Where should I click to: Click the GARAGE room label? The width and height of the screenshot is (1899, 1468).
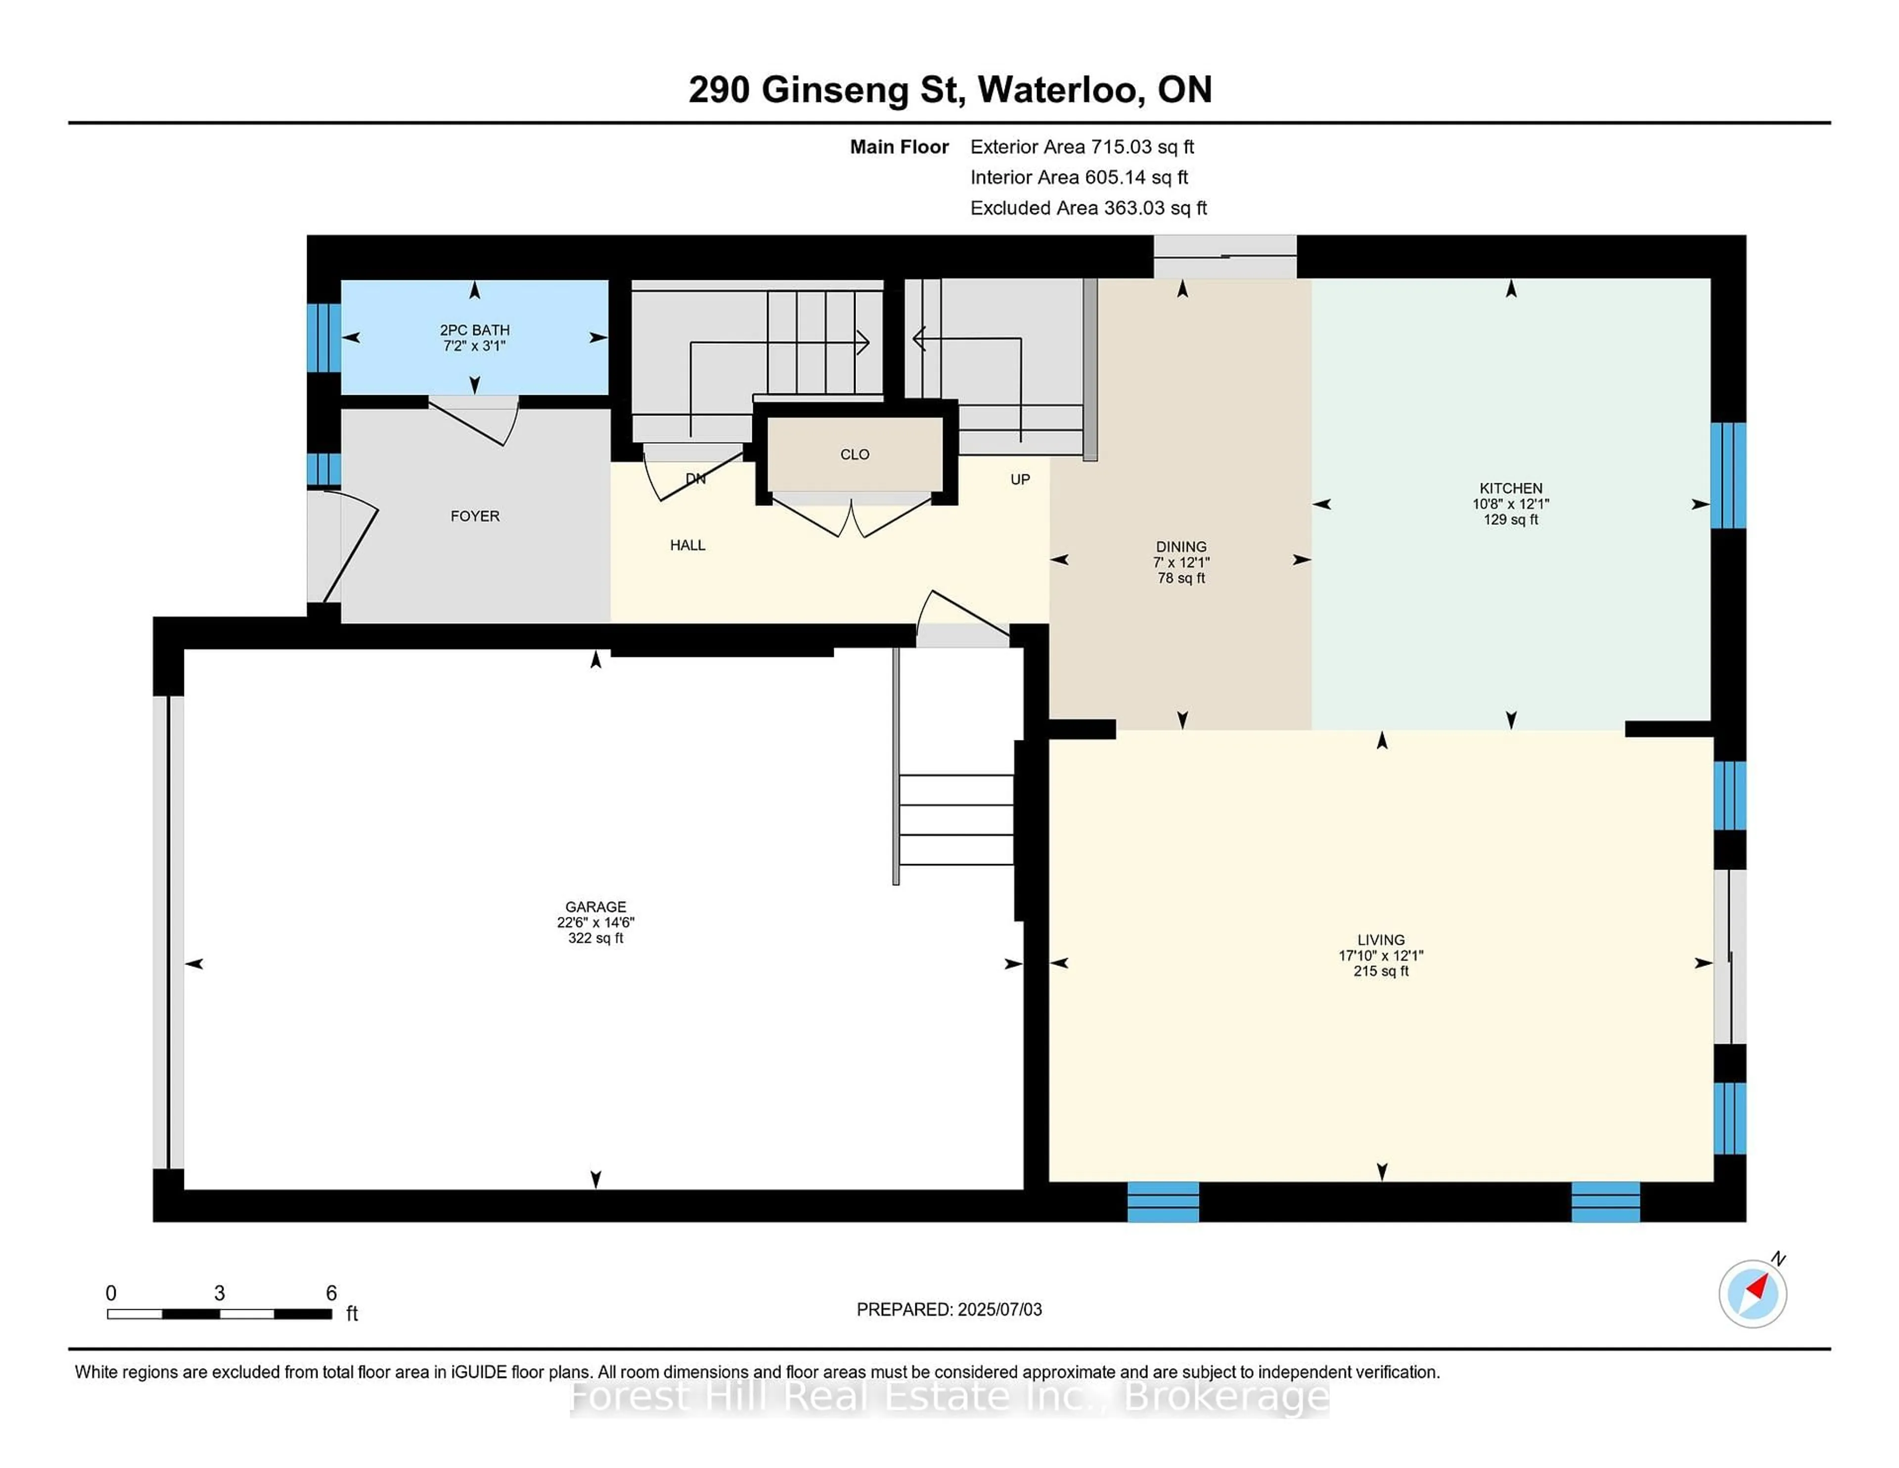[595, 906]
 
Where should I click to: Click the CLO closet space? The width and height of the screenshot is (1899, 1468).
[855, 454]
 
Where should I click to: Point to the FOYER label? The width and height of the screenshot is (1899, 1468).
[475, 516]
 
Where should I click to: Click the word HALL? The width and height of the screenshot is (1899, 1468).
[687, 545]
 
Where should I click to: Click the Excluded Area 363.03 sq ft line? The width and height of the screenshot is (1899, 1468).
[1088, 208]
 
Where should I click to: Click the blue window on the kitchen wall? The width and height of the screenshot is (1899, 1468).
[1728, 476]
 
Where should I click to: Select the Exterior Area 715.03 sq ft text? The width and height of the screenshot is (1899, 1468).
[1082, 147]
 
